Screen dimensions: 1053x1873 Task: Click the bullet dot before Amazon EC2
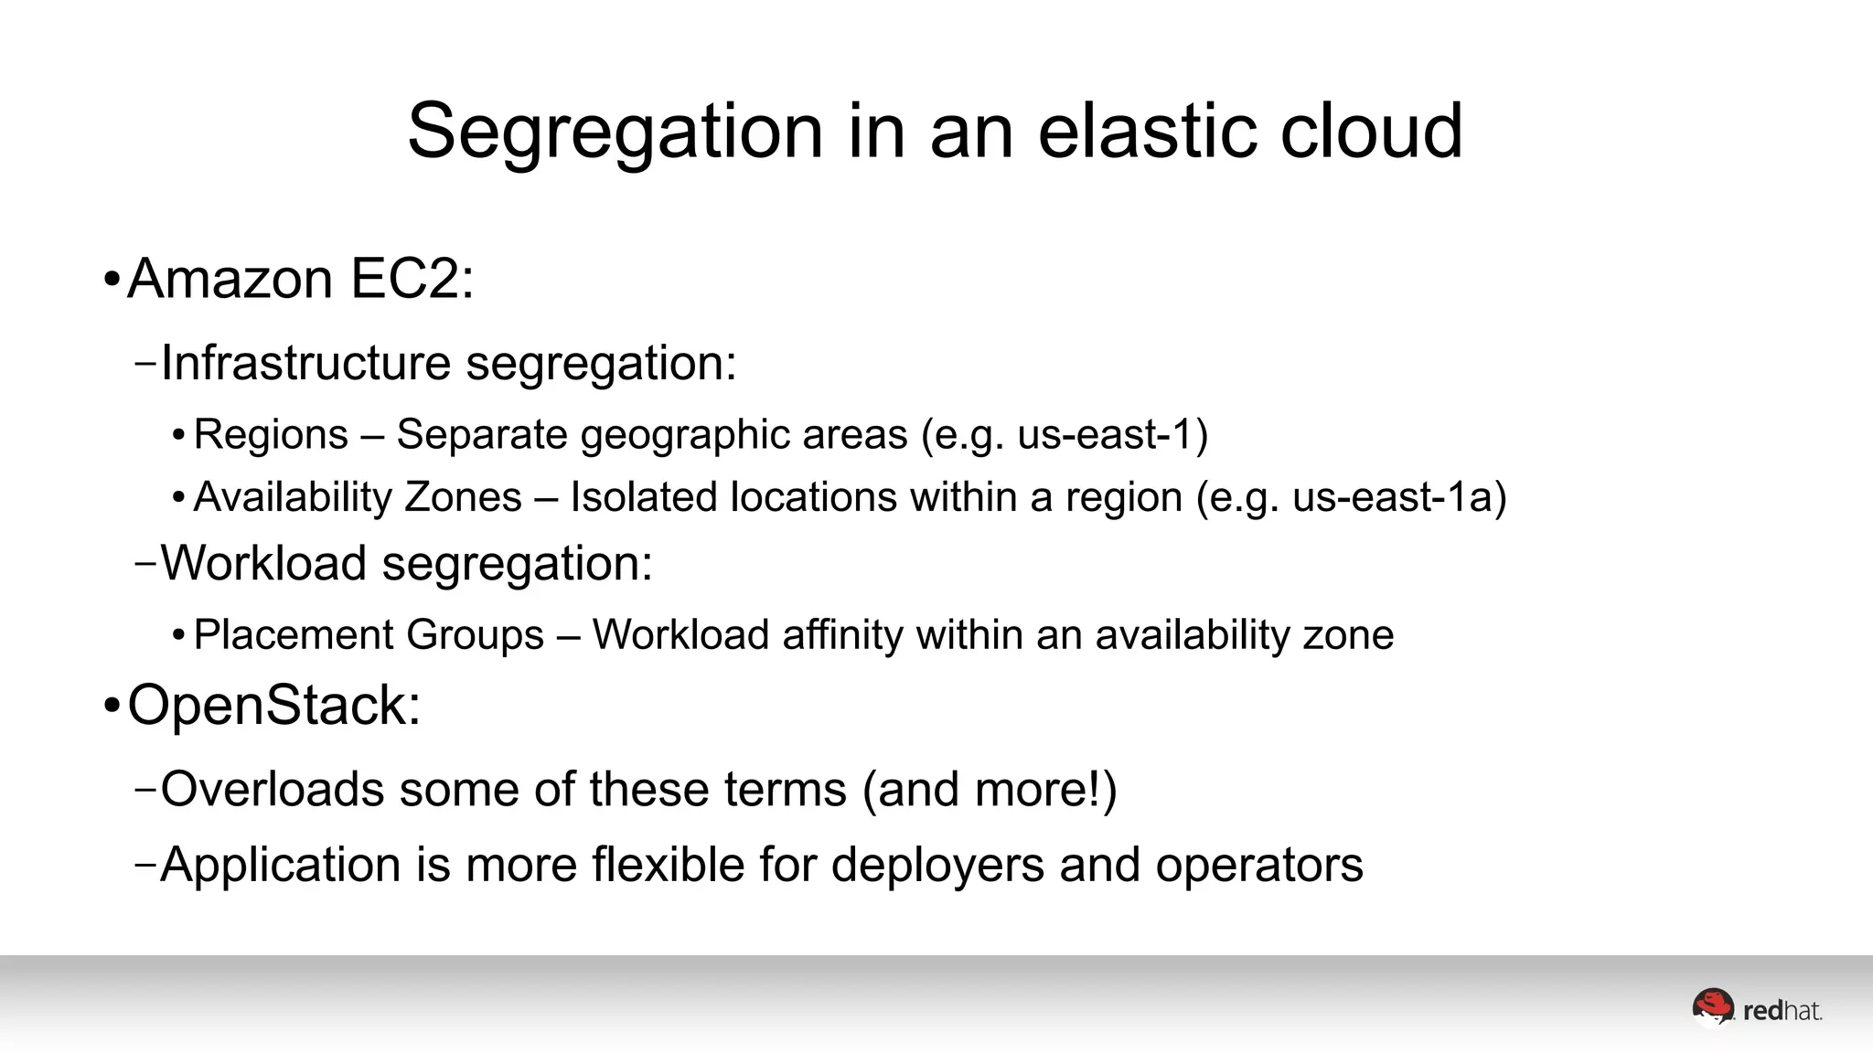pyautogui.click(x=112, y=280)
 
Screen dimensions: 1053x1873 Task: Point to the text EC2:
pyautogui.click(x=412, y=278)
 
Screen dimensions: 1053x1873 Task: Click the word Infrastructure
pyautogui.click(x=305, y=363)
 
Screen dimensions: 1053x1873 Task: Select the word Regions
pyautogui.click(x=271, y=434)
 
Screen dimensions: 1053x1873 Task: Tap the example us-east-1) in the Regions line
pyautogui.click(x=1112, y=434)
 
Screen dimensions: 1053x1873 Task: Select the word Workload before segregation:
pyautogui.click(x=263, y=563)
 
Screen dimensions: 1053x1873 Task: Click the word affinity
pyautogui.click(x=841, y=634)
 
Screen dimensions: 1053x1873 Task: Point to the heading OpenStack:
pyautogui.click(x=274, y=706)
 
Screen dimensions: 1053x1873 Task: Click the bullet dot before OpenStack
pyautogui.click(x=112, y=707)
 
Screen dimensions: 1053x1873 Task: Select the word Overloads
pyautogui.click(x=272, y=789)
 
